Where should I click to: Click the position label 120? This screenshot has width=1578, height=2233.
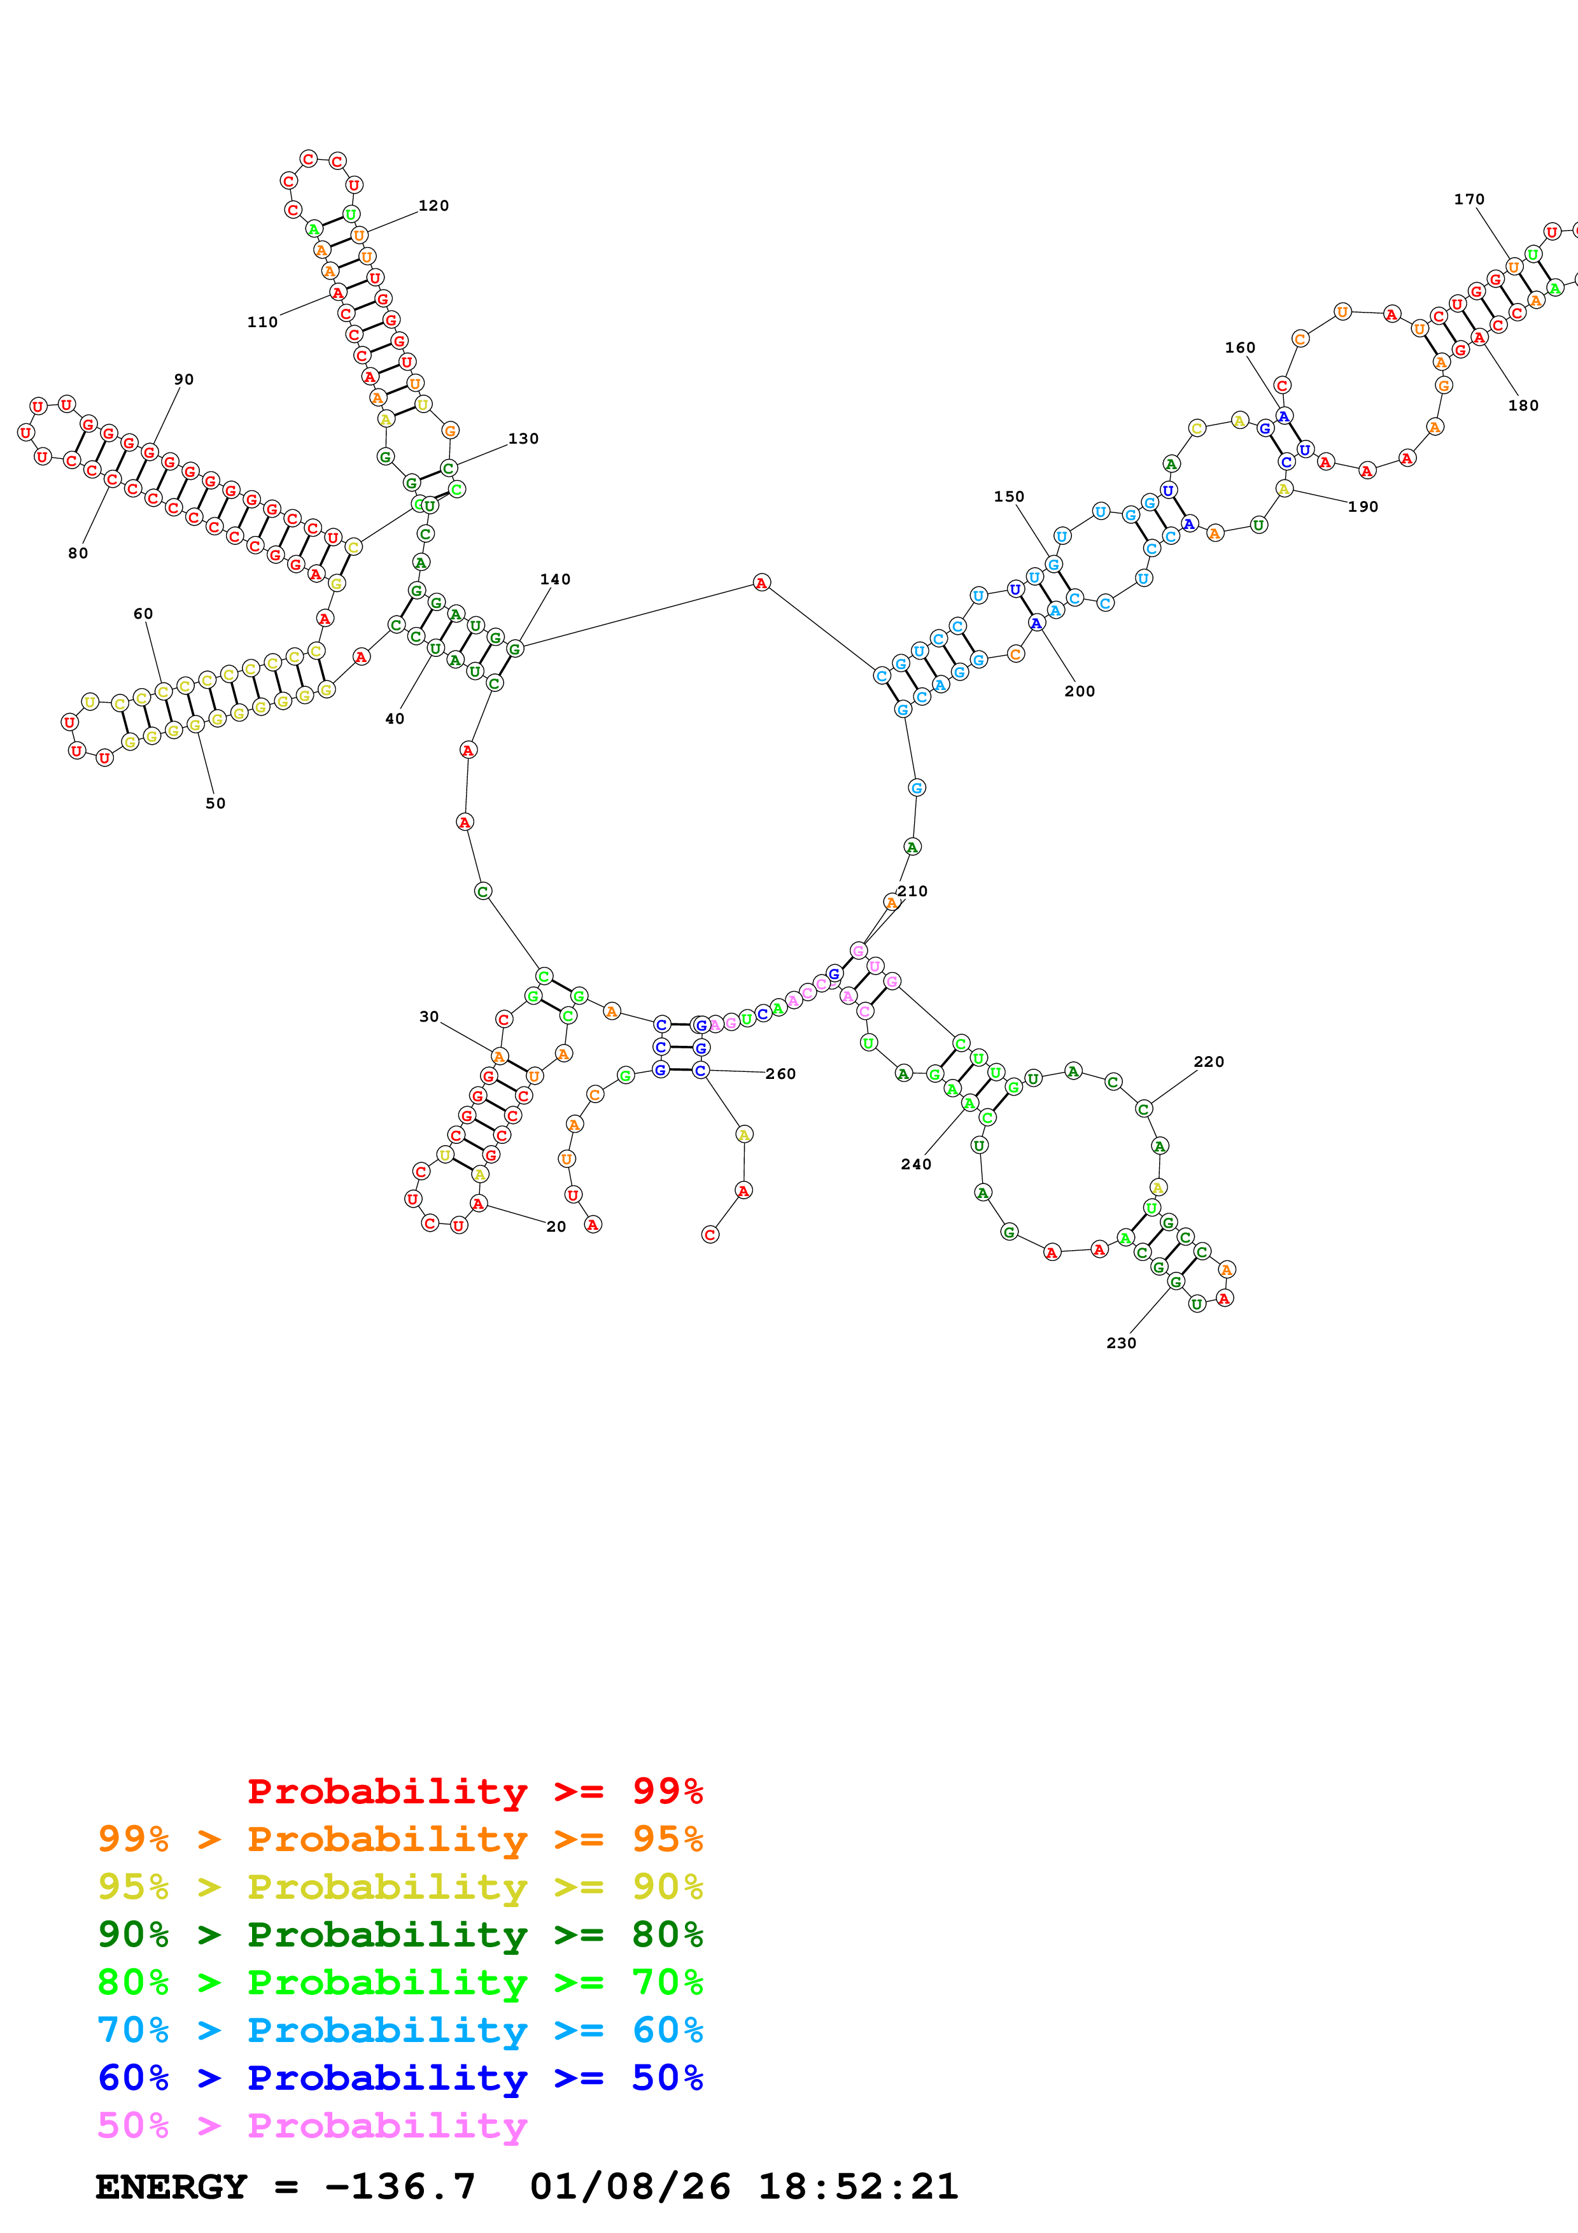pos(433,205)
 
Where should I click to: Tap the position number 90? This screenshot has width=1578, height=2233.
pos(184,379)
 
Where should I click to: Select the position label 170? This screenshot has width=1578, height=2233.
pos(1469,199)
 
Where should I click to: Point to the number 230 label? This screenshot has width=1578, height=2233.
pos(1121,1343)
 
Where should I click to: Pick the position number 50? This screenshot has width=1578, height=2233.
pos(216,803)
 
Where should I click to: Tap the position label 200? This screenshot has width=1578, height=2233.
pos(1079,691)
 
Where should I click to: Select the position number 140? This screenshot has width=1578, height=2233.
pos(555,580)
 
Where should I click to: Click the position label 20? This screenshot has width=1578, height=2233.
pos(556,1227)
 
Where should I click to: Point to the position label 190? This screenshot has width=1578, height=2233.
pos(1363,507)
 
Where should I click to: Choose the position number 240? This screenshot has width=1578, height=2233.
pos(916,1164)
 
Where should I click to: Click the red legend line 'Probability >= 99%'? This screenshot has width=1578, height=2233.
pos(474,1791)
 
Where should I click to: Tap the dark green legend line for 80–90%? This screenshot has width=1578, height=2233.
pos(400,1934)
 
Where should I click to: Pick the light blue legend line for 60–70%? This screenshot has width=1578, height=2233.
pos(400,2030)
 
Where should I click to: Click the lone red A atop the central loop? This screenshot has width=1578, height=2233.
pos(761,582)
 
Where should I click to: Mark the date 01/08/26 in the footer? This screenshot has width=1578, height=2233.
pos(630,2187)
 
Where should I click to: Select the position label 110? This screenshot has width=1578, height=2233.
pos(262,322)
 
